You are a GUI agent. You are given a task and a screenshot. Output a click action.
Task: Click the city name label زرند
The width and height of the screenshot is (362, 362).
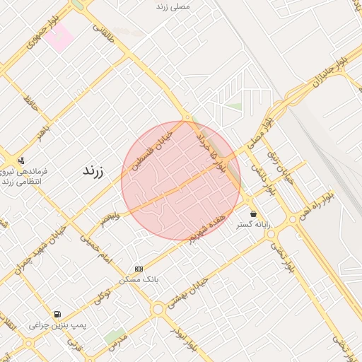click(x=93, y=171)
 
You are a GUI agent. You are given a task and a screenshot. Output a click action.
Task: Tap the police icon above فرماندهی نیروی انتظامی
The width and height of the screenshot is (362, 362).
click(x=21, y=160)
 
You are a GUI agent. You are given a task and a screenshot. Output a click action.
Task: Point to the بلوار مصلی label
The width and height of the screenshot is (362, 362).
click(x=257, y=131)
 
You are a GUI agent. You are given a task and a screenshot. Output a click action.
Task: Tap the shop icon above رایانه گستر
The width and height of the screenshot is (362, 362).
click(x=253, y=214)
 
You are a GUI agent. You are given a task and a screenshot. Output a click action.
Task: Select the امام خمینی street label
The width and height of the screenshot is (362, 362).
click(x=95, y=249)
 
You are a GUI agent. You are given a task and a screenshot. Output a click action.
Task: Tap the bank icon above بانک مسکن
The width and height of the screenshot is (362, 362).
click(x=139, y=269)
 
